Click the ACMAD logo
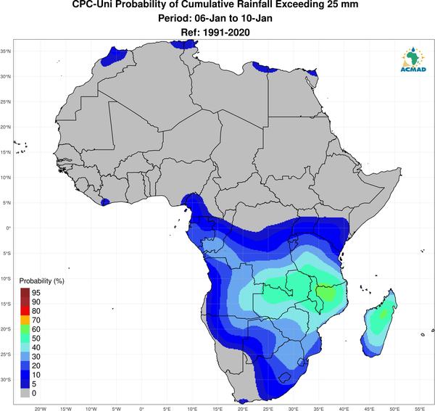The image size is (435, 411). click(x=413, y=59)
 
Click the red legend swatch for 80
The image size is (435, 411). click(x=25, y=311)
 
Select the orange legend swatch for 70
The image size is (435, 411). click(x=25, y=320)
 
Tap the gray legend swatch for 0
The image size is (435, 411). click(x=25, y=393)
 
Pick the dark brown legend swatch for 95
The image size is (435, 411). click(x=25, y=293)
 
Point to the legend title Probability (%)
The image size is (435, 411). click(x=41, y=281)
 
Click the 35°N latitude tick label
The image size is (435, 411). click(x=6, y=51)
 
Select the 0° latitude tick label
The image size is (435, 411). click(x=8, y=228)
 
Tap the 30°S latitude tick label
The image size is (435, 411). click(x=6, y=380)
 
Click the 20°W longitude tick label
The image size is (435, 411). click(x=41, y=409)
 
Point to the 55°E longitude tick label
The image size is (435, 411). click(x=420, y=409)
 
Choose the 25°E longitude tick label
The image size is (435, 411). click(x=268, y=409)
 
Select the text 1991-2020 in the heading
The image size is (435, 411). click(x=226, y=33)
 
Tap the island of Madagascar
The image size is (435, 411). click(x=379, y=325)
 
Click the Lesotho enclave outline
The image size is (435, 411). click(x=284, y=378)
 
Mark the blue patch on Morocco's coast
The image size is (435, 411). click(x=112, y=57)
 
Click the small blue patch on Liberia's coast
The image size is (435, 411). click(x=105, y=202)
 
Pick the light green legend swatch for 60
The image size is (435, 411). click(x=25, y=329)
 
